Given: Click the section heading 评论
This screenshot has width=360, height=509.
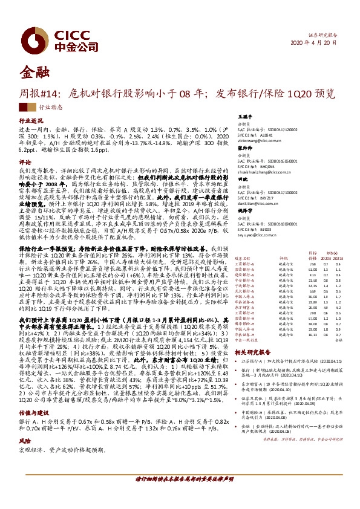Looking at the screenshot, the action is pos(25,163).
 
